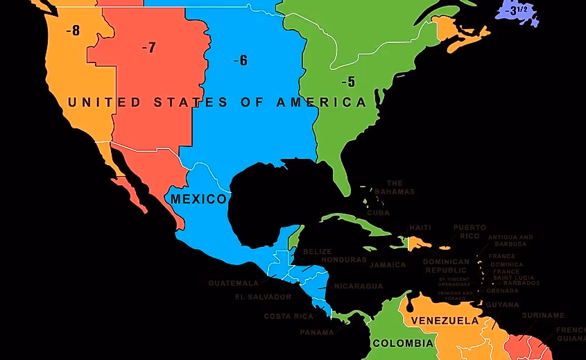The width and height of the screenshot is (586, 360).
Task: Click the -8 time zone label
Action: point(73,30)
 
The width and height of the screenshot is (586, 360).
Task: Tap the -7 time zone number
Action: point(148,47)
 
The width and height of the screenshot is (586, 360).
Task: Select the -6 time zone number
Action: point(241,60)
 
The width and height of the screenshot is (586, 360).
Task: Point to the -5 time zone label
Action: point(348,82)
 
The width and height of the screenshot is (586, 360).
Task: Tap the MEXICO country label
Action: point(198,199)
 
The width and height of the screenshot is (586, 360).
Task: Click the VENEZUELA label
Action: point(445,320)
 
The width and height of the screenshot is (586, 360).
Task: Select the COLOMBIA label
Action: point(403,343)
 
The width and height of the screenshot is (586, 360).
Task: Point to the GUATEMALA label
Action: point(233,283)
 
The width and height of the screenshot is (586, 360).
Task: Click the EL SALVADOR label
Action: point(263,297)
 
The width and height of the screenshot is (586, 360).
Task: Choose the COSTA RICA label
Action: point(288,316)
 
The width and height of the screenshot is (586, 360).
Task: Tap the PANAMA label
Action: point(316,332)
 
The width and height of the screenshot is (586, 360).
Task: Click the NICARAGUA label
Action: point(358,286)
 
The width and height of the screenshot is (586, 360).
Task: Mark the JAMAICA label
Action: point(388,265)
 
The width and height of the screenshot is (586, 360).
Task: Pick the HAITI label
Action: point(420,228)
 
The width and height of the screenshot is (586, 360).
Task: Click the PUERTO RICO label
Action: point(469,232)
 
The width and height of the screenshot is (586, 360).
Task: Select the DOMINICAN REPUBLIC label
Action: point(446,266)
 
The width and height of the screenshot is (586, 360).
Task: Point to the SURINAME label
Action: point(543,316)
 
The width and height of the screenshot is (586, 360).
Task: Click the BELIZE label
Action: point(318,251)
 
